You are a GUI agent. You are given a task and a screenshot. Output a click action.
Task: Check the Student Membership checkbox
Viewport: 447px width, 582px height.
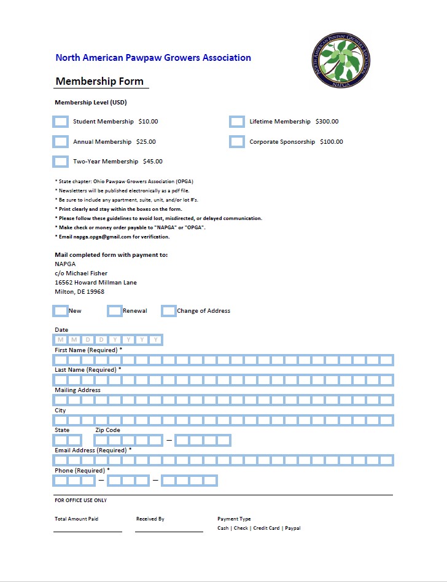tap(61, 122)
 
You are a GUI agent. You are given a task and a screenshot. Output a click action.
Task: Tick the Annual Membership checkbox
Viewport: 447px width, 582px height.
tap(61, 142)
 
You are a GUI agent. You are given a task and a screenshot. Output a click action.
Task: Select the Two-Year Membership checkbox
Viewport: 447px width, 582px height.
tap(61, 162)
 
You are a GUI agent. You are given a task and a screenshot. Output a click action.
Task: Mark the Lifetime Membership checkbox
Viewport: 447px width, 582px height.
tap(237, 122)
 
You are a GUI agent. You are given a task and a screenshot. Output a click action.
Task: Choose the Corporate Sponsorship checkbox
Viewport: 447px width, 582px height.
tap(237, 142)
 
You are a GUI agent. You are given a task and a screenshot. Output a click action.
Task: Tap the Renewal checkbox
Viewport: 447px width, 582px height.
tap(115, 311)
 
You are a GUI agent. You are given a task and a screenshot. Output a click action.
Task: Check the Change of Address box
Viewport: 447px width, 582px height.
tap(169, 311)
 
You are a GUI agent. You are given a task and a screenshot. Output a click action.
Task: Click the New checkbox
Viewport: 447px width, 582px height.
tap(61, 311)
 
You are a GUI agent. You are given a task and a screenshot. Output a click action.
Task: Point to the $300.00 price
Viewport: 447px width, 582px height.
tap(327, 122)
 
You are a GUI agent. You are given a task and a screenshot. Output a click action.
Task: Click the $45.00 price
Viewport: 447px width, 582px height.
tap(153, 162)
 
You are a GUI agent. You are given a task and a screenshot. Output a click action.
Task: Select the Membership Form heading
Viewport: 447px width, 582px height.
tap(99, 81)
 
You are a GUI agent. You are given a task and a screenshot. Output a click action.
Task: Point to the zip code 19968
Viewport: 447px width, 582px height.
tap(95, 292)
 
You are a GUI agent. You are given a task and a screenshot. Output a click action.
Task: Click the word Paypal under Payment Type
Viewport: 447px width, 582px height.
tap(293, 529)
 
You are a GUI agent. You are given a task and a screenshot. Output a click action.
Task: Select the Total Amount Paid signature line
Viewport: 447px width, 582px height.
tap(87, 530)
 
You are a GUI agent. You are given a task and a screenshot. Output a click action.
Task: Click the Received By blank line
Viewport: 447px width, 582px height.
tap(169, 530)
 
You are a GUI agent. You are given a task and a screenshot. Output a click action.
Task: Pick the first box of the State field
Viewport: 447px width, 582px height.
tap(61, 440)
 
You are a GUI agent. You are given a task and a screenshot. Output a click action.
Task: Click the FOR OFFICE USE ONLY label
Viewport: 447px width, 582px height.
tap(80, 501)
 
